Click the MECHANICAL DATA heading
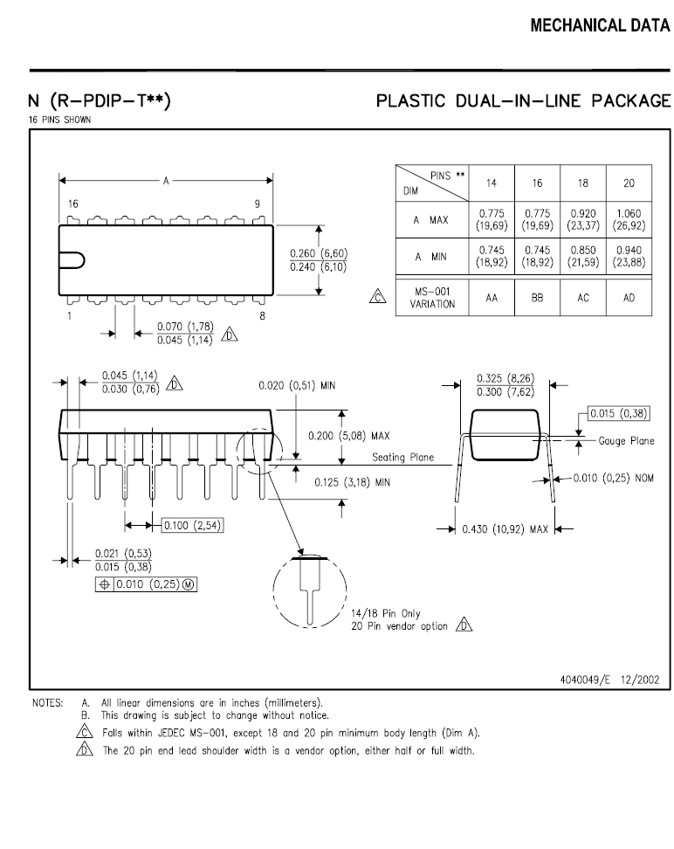point(600,25)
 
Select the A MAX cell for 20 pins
point(629,219)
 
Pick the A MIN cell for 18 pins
point(583,256)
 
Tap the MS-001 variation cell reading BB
point(537,298)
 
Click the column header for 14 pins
point(491,183)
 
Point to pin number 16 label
point(73,204)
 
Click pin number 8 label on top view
point(262,315)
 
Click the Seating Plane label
point(402,458)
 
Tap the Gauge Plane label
point(626,441)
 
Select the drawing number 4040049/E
point(585,680)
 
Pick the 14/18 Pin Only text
point(385,613)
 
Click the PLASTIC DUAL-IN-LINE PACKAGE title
point(524,100)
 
